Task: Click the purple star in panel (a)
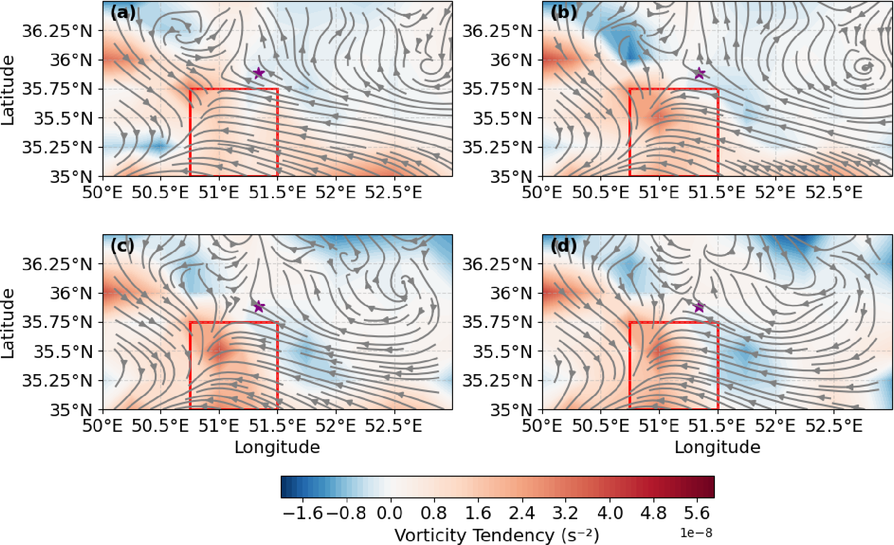click(x=259, y=73)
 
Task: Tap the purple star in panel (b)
click(x=700, y=73)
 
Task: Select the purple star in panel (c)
click(x=259, y=306)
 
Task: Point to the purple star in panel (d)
click(x=699, y=306)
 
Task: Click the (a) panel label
click(x=123, y=12)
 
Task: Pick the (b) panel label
click(x=563, y=12)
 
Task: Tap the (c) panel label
click(x=122, y=246)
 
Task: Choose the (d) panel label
click(x=563, y=246)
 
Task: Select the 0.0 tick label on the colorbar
click(x=390, y=513)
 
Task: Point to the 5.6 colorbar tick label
click(x=697, y=513)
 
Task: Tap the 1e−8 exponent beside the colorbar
click(x=696, y=533)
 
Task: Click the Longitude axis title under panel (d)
click(x=717, y=447)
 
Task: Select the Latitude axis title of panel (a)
click(x=8, y=90)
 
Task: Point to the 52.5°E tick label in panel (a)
click(x=393, y=192)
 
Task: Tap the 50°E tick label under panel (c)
click(x=103, y=425)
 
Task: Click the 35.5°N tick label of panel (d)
click(x=502, y=352)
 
